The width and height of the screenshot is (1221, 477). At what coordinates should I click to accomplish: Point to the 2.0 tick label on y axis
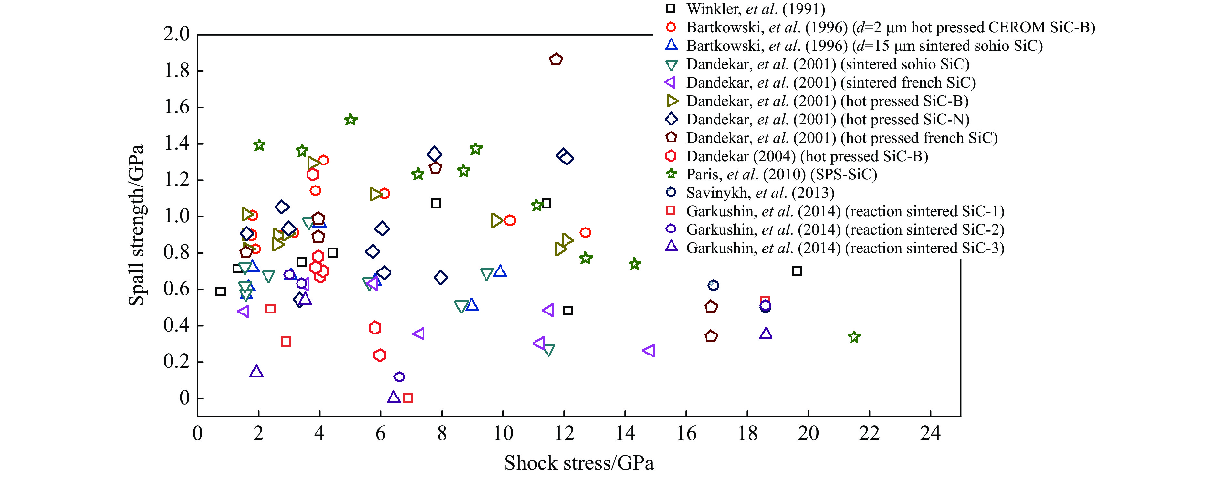[176, 34]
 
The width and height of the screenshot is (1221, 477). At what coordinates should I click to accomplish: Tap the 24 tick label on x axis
[930, 433]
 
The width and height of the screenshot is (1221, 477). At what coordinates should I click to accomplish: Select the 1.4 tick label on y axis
[176, 143]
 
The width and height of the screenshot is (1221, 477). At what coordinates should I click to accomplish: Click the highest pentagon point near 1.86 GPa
[556, 59]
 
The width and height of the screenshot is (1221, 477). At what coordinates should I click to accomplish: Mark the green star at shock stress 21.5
[854, 337]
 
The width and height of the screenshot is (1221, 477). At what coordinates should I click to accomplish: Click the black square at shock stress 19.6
[797, 271]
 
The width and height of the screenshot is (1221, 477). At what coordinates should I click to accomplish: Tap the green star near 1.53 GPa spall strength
[350, 120]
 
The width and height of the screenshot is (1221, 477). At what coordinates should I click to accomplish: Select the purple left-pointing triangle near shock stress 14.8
[649, 350]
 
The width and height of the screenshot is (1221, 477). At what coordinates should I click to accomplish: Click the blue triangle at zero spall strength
[393, 397]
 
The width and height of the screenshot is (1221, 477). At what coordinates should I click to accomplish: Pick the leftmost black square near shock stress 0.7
[220, 291]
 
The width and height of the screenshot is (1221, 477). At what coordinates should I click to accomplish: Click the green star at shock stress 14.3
[635, 264]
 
